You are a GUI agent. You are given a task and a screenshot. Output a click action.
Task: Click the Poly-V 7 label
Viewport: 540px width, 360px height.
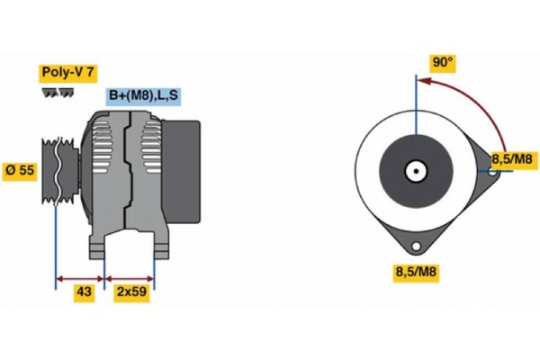click(x=68, y=72)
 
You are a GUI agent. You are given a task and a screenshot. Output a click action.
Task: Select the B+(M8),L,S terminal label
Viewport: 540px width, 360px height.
click(x=144, y=95)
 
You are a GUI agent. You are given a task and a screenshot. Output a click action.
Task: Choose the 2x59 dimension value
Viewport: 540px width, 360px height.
click(x=130, y=292)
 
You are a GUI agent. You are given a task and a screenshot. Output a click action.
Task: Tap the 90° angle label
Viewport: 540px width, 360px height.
click(x=443, y=63)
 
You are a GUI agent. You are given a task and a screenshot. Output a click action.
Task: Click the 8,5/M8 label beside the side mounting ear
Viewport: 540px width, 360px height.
click(x=513, y=160)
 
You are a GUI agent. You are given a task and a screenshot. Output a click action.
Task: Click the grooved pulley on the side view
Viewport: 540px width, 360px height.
click(x=59, y=169)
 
